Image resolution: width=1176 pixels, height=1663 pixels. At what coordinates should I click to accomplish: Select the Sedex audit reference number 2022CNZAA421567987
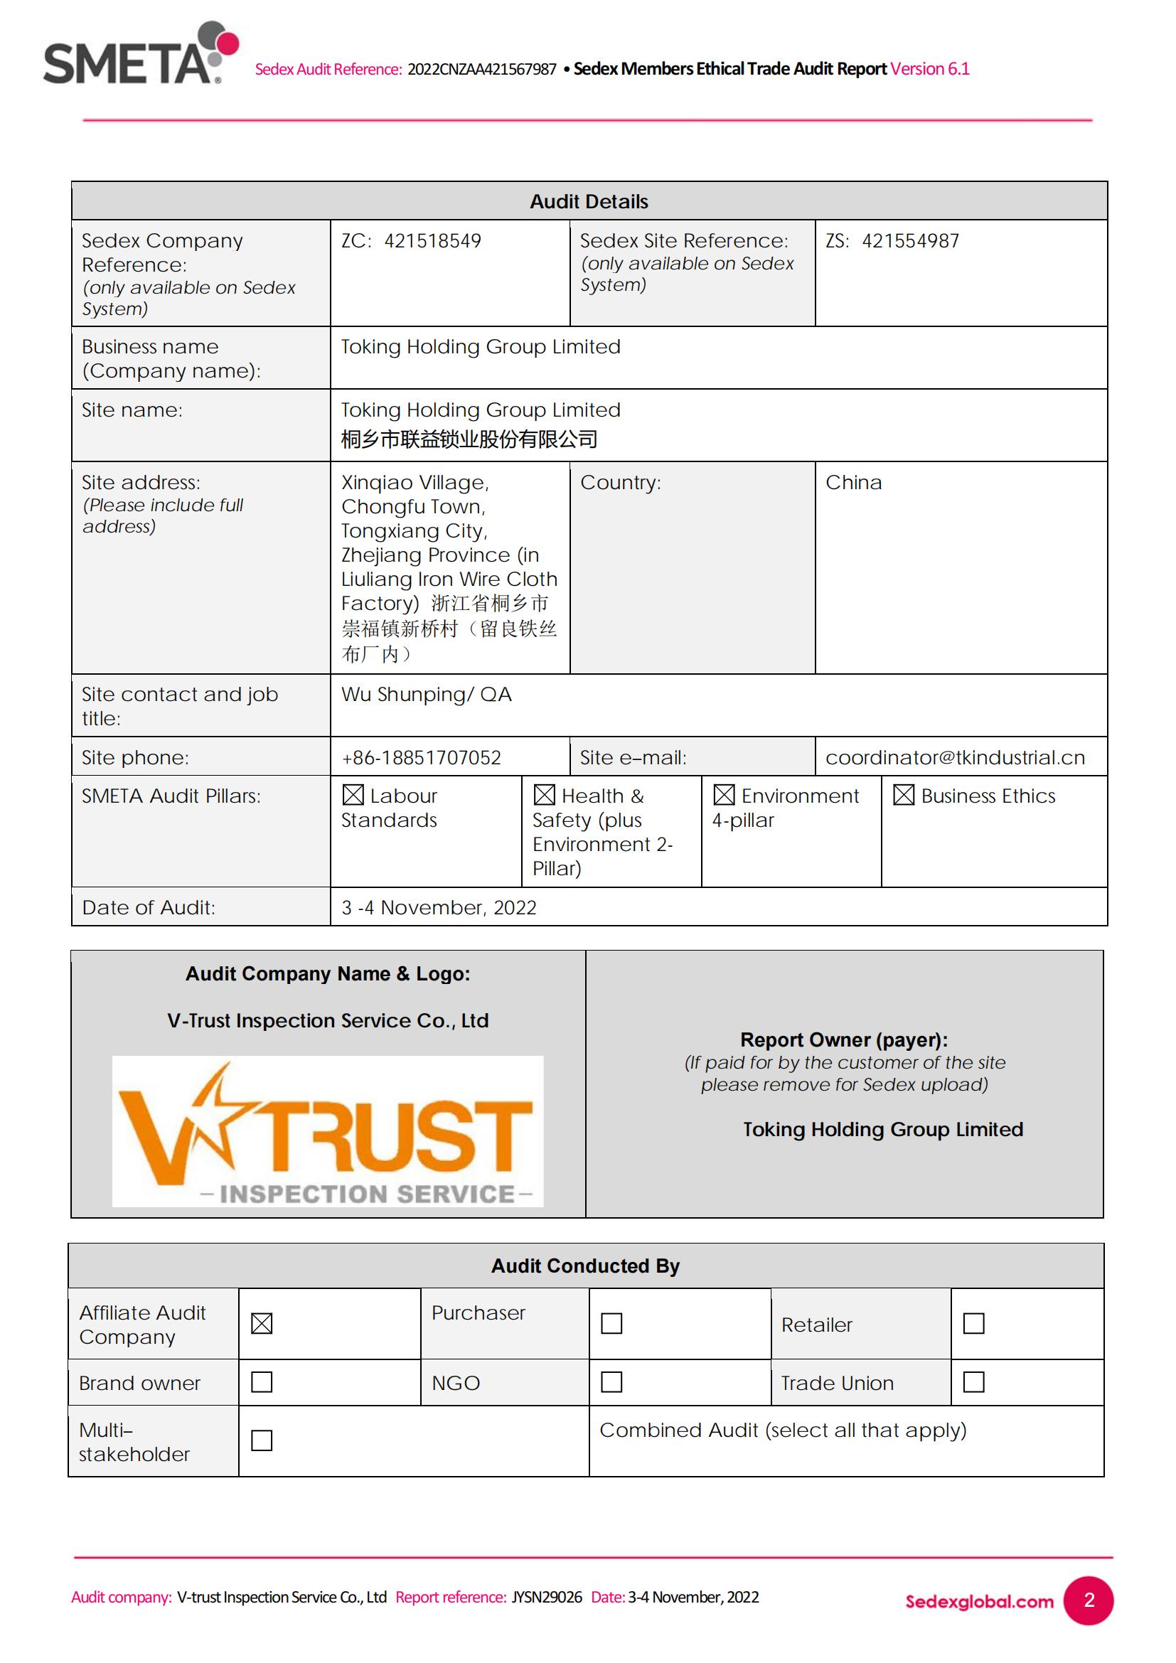tap(481, 70)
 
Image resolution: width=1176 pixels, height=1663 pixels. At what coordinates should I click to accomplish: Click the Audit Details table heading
tap(589, 201)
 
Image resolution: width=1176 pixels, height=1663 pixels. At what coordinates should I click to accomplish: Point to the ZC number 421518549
tap(432, 241)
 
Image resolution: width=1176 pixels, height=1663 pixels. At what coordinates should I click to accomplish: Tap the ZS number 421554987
tap(910, 241)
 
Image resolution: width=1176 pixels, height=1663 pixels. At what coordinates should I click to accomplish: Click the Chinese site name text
tap(469, 439)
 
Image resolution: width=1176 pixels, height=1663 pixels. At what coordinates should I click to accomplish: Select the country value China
tap(853, 482)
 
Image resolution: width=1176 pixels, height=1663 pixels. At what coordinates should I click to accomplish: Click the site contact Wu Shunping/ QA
tap(426, 695)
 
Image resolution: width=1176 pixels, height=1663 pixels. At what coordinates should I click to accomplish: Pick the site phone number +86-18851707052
tap(421, 758)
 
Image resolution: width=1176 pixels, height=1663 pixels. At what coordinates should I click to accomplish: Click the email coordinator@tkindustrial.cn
tap(954, 758)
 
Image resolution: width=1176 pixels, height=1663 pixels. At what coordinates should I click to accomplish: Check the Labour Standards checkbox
tap(353, 796)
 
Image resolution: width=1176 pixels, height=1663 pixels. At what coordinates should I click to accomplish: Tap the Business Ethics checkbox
tap(903, 796)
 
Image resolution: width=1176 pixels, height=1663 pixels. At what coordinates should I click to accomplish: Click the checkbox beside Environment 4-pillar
tap(723, 796)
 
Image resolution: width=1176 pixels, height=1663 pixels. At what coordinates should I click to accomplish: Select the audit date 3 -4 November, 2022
tap(439, 907)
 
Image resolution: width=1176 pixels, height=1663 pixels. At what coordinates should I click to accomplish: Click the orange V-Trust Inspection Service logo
tap(327, 1131)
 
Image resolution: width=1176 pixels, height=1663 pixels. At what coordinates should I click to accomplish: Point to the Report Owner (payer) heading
tap(844, 1040)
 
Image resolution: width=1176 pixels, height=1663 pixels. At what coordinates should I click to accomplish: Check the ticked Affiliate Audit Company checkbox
tap(262, 1324)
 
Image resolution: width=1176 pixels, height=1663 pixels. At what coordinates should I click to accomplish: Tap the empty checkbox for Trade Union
tap(973, 1383)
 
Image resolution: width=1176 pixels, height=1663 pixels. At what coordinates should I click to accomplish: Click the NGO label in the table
tap(456, 1384)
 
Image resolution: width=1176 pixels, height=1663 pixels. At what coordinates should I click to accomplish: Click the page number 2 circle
tap(1089, 1600)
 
